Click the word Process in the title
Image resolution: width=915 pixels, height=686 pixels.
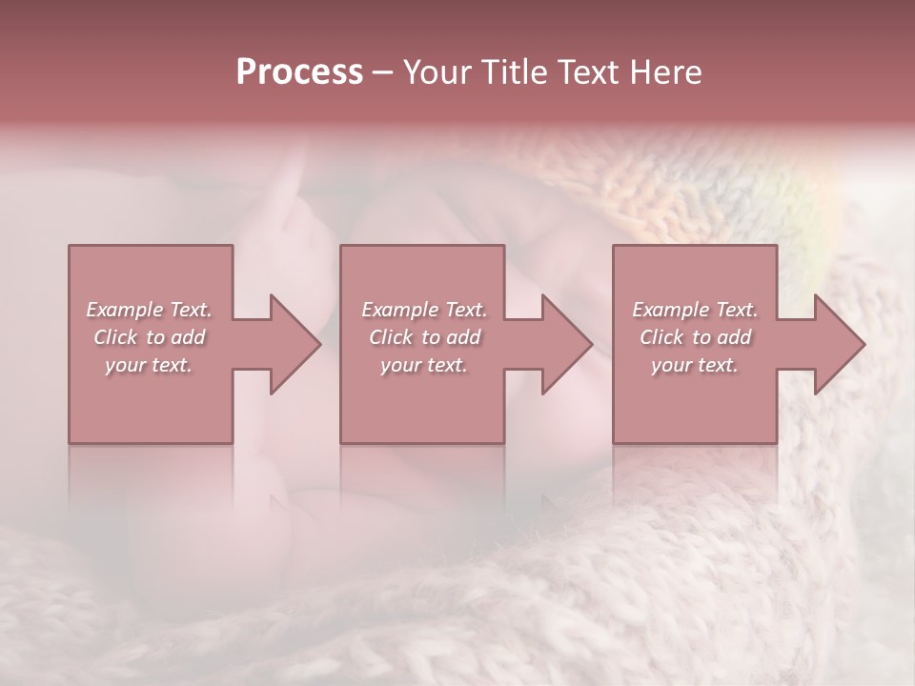299,72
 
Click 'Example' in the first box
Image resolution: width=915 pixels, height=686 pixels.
124,310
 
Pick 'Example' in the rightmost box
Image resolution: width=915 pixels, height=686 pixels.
670,310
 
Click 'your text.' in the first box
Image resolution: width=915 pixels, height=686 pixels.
149,365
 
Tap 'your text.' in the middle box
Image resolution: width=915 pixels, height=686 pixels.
424,365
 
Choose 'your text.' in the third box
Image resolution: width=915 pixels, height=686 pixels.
695,365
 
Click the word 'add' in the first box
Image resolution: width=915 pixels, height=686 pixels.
188,337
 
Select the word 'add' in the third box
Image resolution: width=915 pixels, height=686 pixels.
734,337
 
